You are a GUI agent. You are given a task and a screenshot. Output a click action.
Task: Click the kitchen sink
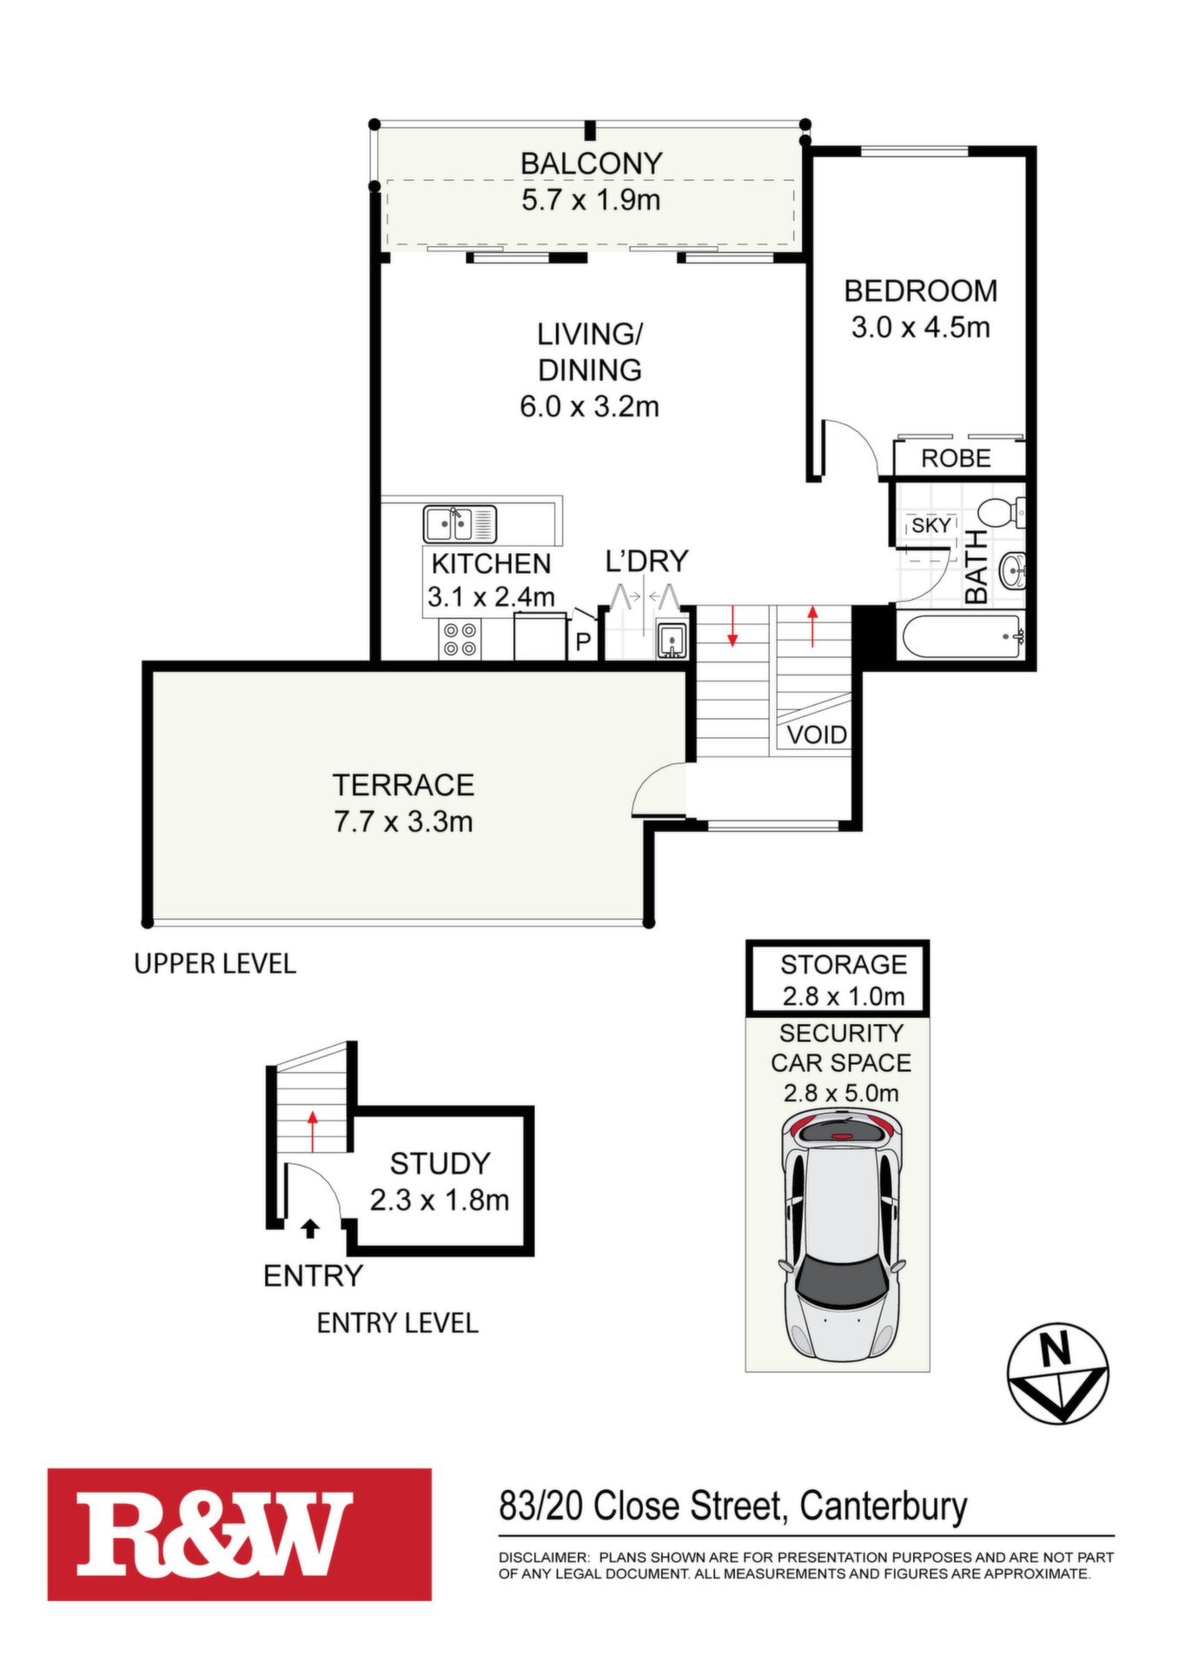pyautogui.click(x=460, y=524)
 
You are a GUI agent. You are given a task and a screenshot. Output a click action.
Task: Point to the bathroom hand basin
pyautogui.click(x=1012, y=571)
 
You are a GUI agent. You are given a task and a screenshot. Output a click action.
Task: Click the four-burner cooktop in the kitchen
pyautogui.click(x=460, y=638)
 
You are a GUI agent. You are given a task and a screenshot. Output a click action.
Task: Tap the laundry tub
pyautogui.click(x=672, y=641)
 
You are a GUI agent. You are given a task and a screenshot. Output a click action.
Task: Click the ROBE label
pyautogui.click(x=956, y=458)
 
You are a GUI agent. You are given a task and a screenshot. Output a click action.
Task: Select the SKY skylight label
pyautogui.click(x=931, y=526)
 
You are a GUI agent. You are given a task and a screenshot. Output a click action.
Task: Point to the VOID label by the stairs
pyautogui.click(x=817, y=735)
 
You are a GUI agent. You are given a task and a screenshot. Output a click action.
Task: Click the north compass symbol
pyautogui.click(x=1057, y=1373)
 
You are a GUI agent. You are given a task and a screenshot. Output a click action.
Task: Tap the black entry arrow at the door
pyautogui.click(x=310, y=1227)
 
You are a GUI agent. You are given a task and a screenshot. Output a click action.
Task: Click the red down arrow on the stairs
pyautogui.click(x=732, y=627)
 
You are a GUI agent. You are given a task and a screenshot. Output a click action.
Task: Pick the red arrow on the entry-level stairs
pyautogui.click(x=313, y=1130)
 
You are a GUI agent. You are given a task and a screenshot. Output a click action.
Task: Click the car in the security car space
pyautogui.click(x=841, y=1238)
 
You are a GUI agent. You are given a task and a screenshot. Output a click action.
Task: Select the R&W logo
pyautogui.click(x=240, y=1534)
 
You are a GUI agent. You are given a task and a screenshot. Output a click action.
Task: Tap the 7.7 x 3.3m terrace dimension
pyautogui.click(x=403, y=821)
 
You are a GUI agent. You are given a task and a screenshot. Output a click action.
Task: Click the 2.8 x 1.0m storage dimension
pyautogui.click(x=844, y=996)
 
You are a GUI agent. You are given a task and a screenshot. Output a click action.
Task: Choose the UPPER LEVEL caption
pyautogui.click(x=215, y=963)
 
